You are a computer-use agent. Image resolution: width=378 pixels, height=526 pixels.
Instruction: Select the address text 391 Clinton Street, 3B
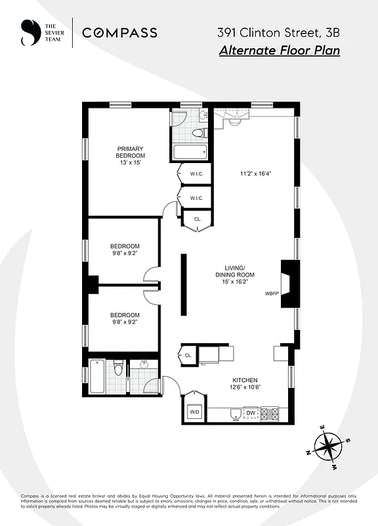(278, 32)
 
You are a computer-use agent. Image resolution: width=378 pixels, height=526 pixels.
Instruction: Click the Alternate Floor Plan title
(279, 51)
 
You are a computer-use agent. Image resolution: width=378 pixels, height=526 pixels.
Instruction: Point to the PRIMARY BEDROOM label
(130, 152)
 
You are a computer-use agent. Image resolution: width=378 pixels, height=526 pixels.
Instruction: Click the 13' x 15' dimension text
(130, 162)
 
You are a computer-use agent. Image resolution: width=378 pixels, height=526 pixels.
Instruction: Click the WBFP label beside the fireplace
(272, 294)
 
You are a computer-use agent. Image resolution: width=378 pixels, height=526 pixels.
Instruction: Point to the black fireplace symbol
(289, 283)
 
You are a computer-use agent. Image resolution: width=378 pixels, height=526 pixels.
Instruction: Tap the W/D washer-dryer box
(194, 412)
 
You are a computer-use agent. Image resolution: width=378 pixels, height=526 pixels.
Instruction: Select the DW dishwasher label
(250, 413)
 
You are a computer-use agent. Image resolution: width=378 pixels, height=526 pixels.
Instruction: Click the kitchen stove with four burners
(270, 414)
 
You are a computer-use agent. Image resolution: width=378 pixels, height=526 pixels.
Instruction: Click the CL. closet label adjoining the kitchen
(188, 356)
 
